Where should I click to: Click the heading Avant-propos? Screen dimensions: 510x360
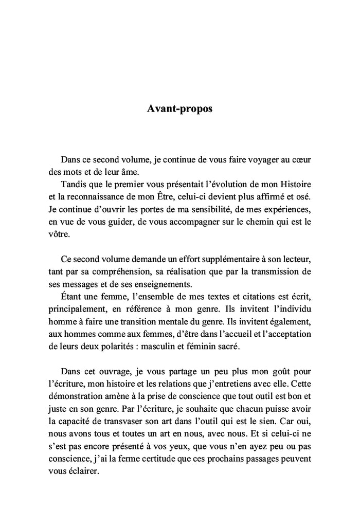179,110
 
